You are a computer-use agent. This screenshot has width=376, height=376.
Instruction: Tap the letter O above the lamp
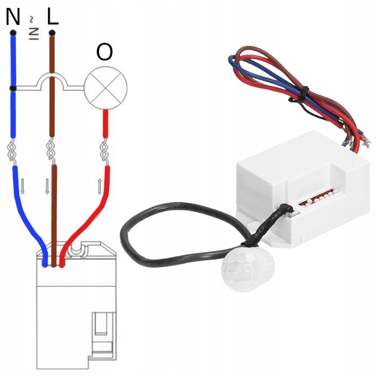pyautogui.click(x=104, y=52)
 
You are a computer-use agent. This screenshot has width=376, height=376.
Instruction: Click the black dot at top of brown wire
pyautogui.click(x=52, y=34)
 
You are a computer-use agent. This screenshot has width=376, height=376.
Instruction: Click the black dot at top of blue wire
pyautogui.click(x=13, y=34)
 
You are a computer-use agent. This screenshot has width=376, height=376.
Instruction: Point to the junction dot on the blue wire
pyautogui.click(x=13, y=88)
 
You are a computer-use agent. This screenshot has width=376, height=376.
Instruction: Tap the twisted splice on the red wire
pyautogui.click(x=104, y=151)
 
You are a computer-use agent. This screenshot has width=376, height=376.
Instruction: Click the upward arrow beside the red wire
pyautogui.click(x=99, y=184)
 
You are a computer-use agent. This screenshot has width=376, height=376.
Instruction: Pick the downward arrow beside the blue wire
pyautogui.click(x=22, y=184)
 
